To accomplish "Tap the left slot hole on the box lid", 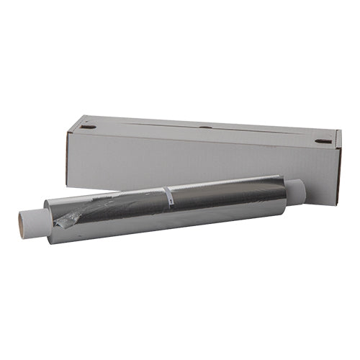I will click(88, 127).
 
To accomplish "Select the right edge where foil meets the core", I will click(286, 192).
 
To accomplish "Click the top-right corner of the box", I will click(340, 130).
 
